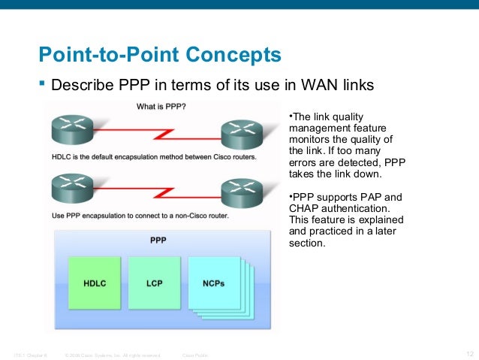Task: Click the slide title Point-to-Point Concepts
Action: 160,55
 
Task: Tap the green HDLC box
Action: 94,283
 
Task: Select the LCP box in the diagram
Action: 155,283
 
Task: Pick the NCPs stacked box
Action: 213,283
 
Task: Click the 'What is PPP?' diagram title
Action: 161,107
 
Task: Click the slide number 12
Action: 471,354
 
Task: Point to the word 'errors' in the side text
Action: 306,162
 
